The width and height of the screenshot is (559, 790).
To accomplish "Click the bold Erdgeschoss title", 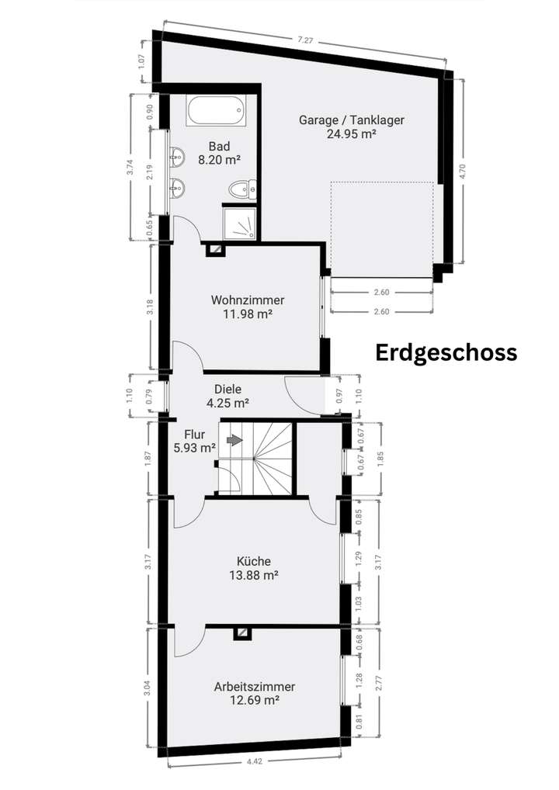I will pyautogui.click(x=446, y=352).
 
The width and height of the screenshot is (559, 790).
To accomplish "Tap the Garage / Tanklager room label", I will pyautogui.click(x=352, y=120).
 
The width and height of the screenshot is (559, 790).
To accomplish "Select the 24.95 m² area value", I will pyautogui.click(x=352, y=133).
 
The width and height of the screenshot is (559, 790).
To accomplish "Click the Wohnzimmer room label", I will pyautogui.click(x=248, y=300).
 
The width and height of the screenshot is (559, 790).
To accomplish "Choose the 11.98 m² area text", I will pyautogui.click(x=248, y=314).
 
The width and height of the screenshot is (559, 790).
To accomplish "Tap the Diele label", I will pyautogui.click(x=227, y=390).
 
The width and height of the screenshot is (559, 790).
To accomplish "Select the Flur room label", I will pyautogui.click(x=195, y=435).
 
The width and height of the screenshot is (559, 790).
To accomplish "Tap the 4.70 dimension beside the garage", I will pyautogui.click(x=463, y=171).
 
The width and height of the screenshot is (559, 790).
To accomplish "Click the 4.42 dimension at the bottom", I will pyautogui.click(x=255, y=762).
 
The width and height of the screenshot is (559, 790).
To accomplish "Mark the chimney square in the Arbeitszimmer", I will pyautogui.click(x=243, y=633).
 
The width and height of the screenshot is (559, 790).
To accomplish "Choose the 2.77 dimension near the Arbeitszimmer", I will pyautogui.click(x=378, y=681).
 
